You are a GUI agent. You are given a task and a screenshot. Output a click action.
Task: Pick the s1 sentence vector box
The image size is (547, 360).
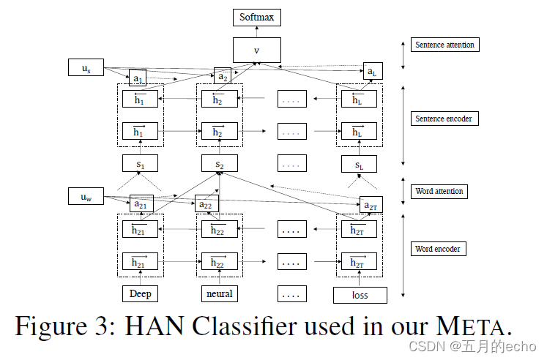coord(139,165)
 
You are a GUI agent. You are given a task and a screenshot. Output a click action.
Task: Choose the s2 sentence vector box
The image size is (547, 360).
coord(219,165)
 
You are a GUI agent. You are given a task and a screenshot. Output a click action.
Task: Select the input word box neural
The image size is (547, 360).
coord(219,294)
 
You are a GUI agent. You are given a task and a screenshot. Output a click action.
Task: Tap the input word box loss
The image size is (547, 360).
coord(360,296)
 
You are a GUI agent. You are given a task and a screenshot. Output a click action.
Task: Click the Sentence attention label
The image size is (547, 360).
coord(444,45)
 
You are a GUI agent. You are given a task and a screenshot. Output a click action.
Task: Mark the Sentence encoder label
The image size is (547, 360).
coord(444,118)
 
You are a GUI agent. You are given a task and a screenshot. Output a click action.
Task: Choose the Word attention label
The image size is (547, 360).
coord(439,192)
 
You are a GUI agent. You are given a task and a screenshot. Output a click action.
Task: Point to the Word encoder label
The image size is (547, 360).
coord(438,249)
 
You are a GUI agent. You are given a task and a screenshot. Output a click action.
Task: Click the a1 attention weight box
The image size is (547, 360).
coord(137,78)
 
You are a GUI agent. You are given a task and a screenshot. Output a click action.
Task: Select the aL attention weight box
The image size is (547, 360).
coord(372,72)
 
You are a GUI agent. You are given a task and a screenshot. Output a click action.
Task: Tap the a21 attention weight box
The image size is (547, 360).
coord(140,204)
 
